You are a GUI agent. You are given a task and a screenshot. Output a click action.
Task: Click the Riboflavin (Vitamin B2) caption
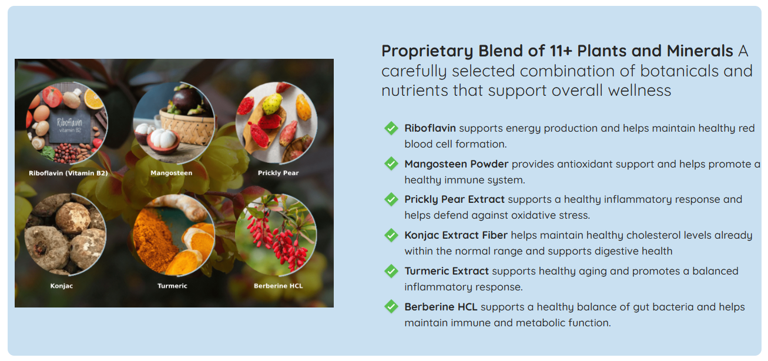tap(68, 173)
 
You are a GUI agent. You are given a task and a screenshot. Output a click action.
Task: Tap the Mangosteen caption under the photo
tap(172, 173)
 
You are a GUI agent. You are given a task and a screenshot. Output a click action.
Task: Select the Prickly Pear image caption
tap(278, 173)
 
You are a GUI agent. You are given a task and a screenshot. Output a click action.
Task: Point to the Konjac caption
tap(62, 286)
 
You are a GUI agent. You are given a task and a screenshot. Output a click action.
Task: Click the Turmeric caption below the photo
tap(172, 286)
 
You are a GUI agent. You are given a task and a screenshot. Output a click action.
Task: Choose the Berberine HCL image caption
tap(279, 286)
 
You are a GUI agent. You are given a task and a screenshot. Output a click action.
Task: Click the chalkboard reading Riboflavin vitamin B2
tap(71, 127)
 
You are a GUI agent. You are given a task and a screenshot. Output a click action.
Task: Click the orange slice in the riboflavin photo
tap(93, 99)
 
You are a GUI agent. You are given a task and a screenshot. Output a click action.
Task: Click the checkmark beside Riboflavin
tap(391, 128)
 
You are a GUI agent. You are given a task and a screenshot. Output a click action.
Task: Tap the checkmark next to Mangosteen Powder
tap(391, 164)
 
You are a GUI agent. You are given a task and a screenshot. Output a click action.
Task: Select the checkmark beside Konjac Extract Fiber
tap(391, 235)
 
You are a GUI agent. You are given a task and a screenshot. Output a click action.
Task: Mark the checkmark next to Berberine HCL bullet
tap(391, 307)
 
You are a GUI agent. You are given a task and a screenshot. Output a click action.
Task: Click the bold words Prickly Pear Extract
tap(455, 199)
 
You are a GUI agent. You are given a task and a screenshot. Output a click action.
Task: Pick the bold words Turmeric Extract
tap(447, 271)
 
